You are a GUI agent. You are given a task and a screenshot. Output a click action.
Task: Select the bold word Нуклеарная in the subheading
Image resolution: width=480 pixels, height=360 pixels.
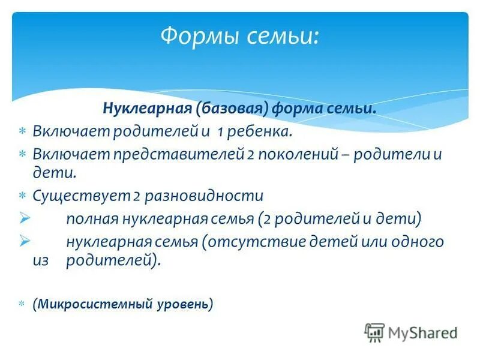146,109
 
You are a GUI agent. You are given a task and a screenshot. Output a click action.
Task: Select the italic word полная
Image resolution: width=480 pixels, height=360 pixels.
88,219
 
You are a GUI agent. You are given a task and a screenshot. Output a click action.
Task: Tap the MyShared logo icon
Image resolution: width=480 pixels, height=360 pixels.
374,332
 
